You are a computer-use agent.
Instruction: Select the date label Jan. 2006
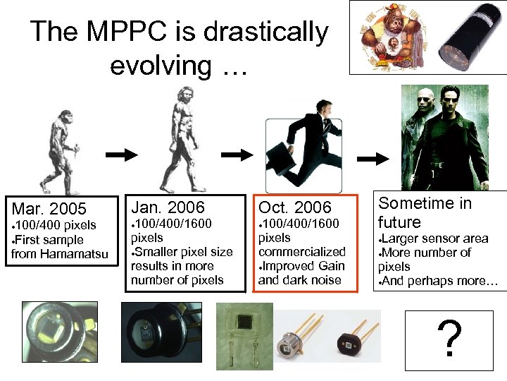pos(168,207)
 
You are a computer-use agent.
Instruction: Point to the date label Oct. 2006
pos(294,207)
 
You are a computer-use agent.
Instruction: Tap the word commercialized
pos(302,252)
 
